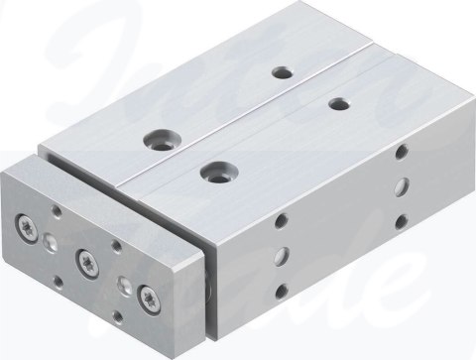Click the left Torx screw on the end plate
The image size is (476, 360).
click(26, 228)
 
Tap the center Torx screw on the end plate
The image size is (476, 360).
click(86, 261)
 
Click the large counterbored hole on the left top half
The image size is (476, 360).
click(157, 136)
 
